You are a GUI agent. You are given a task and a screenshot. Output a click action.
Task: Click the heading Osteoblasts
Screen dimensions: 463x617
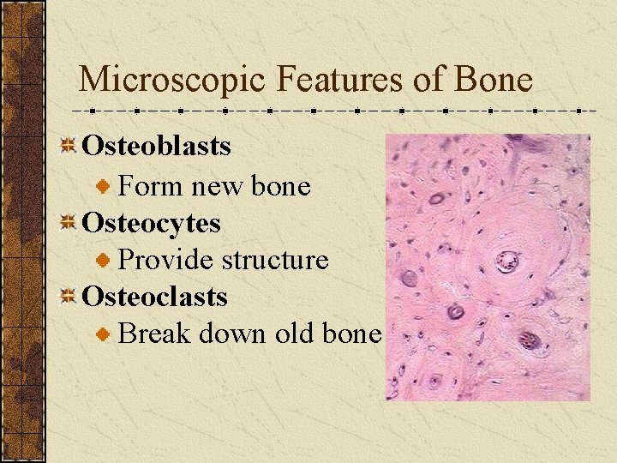[156, 147]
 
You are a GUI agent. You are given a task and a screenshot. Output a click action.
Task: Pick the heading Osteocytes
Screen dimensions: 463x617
[151, 224]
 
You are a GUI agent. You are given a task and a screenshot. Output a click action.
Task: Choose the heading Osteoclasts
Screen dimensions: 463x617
[154, 298]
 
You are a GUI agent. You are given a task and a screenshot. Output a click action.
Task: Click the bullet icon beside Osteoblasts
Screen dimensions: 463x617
[69, 147]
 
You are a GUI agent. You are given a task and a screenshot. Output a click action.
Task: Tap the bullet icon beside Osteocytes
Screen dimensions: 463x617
[69, 224]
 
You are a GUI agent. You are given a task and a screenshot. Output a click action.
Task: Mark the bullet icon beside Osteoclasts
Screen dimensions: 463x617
[69, 298]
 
